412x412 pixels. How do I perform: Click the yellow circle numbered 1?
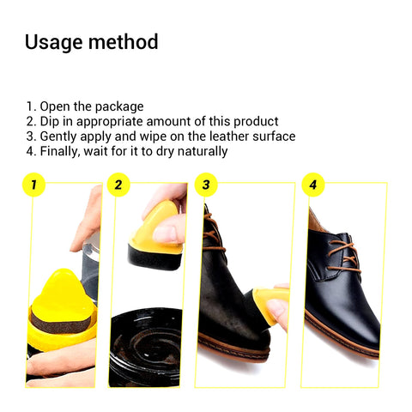tap(33, 185)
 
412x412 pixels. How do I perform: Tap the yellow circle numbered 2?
tap(118, 185)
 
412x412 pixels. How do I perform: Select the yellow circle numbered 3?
tap(204, 185)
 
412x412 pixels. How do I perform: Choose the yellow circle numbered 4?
tap(312, 185)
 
